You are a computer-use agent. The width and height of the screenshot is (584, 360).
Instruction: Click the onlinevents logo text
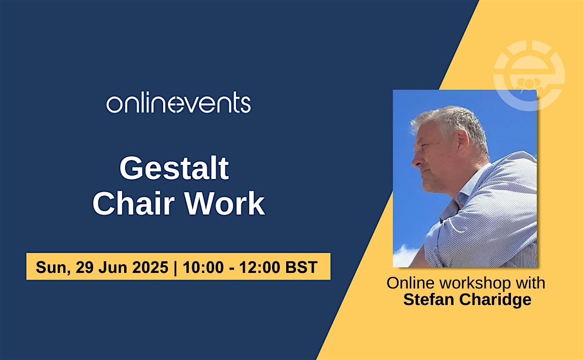(179, 103)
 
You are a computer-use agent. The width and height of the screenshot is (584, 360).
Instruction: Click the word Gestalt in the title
(174, 168)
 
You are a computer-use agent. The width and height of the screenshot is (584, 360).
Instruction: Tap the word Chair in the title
(133, 203)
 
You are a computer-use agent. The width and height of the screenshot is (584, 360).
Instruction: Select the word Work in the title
(225, 203)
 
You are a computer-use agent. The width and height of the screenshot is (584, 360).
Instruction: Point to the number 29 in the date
(85, 267)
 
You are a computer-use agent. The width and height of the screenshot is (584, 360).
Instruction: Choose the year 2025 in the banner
(150, 267)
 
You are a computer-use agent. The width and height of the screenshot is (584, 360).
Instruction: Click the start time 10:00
(203, 267)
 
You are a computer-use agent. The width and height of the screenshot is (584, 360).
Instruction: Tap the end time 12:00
(259, 267)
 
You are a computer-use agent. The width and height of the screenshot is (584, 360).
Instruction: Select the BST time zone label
(301, 267)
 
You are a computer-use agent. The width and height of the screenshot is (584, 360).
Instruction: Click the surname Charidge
(495, 300)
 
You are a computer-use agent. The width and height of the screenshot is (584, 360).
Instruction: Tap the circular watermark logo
(529, 75)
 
